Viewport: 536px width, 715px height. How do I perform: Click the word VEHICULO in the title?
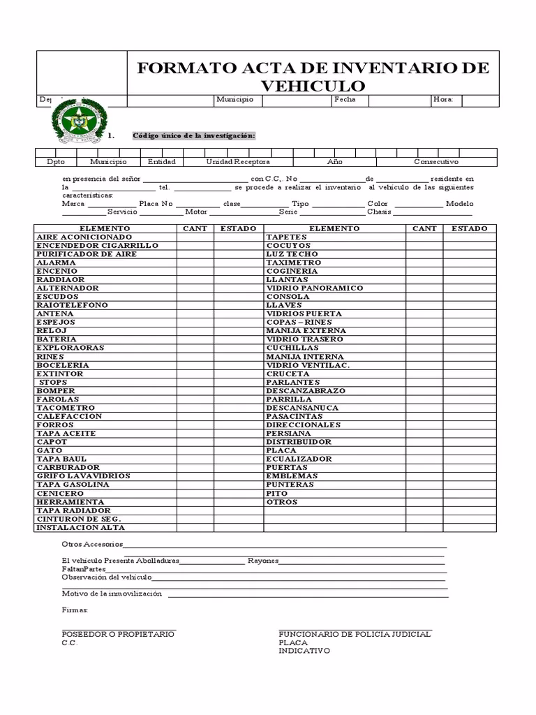(313, 86)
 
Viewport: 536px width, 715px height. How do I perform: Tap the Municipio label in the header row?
(234, 100)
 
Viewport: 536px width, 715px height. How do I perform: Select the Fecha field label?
(345, 100)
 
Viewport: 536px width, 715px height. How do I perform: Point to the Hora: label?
(443, 100)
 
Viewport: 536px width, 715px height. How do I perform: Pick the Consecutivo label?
(436, 161)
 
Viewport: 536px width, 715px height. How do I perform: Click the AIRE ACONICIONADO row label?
(84, 237)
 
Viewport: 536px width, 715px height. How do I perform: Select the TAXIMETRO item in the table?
(293, 263)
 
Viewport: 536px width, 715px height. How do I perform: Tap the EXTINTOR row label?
(60, 374)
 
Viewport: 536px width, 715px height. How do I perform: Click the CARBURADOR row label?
(68, 467)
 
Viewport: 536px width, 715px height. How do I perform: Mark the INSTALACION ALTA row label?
(80, 527)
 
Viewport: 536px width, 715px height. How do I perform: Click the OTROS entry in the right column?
(282, 502)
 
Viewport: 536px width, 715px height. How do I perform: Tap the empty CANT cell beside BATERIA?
(195, 339)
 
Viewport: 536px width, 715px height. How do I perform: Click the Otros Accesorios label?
(92, 544)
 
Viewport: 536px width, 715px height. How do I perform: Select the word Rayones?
(263, 561)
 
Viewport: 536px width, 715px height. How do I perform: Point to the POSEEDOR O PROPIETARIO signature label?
(118, 634)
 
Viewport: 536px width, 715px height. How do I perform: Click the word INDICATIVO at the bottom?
(304, 651)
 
